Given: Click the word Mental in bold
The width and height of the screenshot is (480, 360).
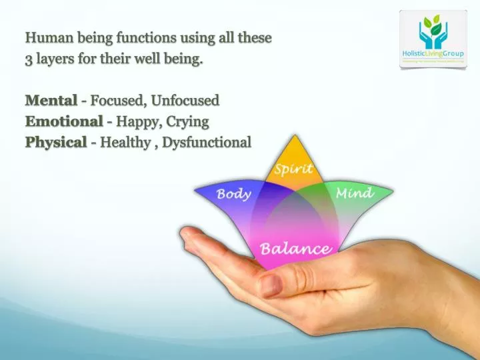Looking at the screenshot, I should coord(51,101).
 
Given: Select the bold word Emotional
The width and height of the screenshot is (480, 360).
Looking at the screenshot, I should coord(63,121).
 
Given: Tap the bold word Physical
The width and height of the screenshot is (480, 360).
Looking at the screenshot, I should coord(56,142).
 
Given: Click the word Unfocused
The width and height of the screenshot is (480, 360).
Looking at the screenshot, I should coord(185,101).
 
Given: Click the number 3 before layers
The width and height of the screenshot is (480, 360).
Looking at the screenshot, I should coord(29,59).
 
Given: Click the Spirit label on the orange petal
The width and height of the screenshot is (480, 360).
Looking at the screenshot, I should coord(293,169).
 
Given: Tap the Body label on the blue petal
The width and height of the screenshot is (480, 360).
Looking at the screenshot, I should coord(233,195).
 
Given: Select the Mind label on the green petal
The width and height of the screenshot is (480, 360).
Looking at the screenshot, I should coord(354,193).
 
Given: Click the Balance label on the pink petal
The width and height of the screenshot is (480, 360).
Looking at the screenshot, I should coord(295,249).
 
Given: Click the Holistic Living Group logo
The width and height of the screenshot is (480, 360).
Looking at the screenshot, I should coord(433,39).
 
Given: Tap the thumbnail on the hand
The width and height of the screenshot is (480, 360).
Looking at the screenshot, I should coord(271,285).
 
